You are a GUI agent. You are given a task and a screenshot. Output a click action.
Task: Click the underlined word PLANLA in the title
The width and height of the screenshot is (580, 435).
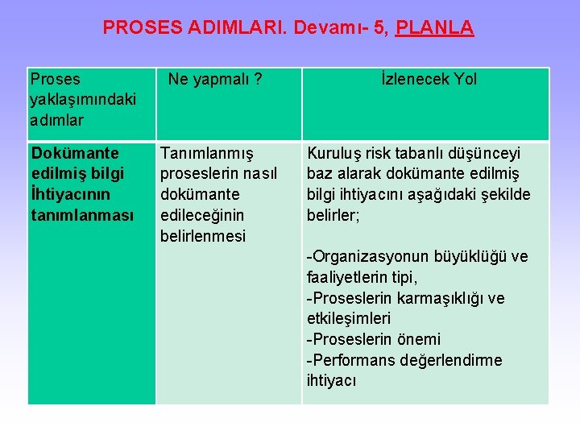pyautogui.click(x=435, y=27)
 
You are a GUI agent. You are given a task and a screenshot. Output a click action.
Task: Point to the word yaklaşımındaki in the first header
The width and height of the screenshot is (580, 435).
pyautogui.click(x=82, y=100)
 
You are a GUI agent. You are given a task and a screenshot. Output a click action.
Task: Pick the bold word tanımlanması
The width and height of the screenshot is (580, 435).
pyautogui.click(x=82, y=215)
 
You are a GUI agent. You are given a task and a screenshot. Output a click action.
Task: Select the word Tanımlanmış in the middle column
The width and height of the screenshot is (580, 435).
pyautogui.click(x=207, y=153)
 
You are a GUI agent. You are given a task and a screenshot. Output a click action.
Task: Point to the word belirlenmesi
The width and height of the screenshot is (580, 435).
pyautogui.click(x=203, y=236)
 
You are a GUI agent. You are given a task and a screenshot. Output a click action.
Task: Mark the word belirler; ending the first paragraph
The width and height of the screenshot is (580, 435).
pyautogui.click(x=333, y=215)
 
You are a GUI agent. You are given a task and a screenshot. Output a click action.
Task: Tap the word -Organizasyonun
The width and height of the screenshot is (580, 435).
pyautogui.click(x=367, y=257)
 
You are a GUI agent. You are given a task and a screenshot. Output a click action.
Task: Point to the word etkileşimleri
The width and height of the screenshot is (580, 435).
pyautogui.click(x=349, y=319)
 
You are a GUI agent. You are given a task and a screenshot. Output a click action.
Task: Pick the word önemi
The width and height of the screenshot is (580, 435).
pyautogui.click(x=420, y=339)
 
